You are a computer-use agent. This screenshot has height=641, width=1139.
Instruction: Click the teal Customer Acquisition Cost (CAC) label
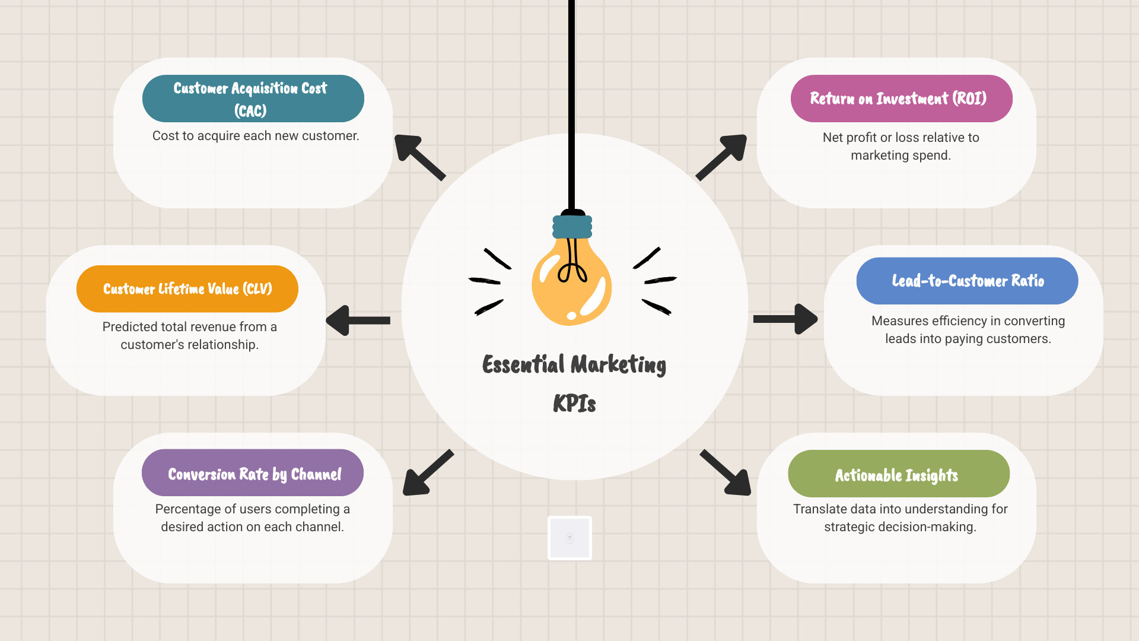[253, 99]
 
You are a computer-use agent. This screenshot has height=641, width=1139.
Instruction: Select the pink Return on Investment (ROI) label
[901, 99]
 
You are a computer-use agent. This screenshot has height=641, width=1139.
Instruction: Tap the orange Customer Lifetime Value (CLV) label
[187, 289]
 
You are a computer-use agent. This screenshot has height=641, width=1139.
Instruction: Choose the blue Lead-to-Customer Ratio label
[967, 281]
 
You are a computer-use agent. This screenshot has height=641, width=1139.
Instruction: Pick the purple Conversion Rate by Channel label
[253, 473]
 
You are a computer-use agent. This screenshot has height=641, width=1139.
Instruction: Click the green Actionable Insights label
[898, 474]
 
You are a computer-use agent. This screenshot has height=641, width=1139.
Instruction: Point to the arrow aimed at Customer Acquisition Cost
[419, 157]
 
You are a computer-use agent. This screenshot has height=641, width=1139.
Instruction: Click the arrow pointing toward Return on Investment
[721, 157]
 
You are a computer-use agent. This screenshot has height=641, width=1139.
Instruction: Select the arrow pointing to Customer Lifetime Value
[358, 320]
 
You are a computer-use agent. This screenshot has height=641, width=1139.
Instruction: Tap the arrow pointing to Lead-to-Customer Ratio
[785, 319]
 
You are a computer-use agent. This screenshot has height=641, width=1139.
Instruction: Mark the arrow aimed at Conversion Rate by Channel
[428, 472]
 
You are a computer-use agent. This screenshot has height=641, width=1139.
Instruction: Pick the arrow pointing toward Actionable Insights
[726, 472]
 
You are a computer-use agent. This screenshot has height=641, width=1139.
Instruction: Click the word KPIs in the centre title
[574, 404]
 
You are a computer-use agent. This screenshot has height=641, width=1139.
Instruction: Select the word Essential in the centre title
[523, 364]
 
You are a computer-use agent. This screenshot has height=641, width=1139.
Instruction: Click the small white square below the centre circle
[569, 538]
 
